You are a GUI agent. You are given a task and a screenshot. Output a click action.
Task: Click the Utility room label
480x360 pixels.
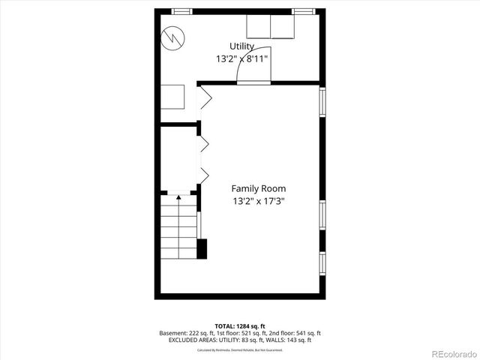[241, 46]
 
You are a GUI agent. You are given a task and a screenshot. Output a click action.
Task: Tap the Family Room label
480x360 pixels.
[258, 188]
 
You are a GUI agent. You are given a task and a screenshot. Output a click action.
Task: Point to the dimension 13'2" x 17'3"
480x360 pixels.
[258, 201]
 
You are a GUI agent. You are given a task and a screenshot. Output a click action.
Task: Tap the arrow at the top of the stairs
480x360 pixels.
[178, 198]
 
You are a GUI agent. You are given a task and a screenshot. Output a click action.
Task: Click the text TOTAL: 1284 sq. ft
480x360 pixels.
[240, 325]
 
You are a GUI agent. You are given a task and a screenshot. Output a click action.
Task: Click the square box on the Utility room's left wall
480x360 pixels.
[172, 97]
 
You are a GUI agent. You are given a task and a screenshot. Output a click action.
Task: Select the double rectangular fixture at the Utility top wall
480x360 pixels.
[271, 27]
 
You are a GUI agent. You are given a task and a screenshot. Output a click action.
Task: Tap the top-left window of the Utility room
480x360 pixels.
[181, 11]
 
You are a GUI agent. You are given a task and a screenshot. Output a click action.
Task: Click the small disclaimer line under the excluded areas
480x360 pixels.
[240, 349]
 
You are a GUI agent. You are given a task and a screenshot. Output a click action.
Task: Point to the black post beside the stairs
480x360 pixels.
[202, 249]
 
